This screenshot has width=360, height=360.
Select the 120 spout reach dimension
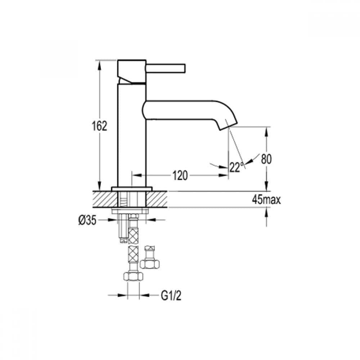180,175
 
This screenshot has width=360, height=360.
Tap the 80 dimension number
267,159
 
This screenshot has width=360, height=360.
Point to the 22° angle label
236,167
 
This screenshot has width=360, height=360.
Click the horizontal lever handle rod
166,68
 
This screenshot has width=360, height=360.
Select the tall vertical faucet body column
132,137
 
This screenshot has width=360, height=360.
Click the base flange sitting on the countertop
132,189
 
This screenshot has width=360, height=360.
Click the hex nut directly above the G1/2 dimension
134,276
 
